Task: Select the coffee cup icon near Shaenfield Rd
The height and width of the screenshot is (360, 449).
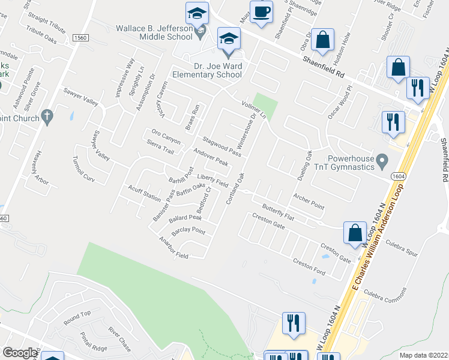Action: (261, 13)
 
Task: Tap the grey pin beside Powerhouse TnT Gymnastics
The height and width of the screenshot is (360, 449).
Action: (385, 161)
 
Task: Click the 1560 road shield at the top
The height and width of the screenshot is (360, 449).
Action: (79, 38)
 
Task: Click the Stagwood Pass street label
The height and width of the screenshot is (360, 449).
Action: (222, 147)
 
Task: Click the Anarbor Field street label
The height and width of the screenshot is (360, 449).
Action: (173, 250)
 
